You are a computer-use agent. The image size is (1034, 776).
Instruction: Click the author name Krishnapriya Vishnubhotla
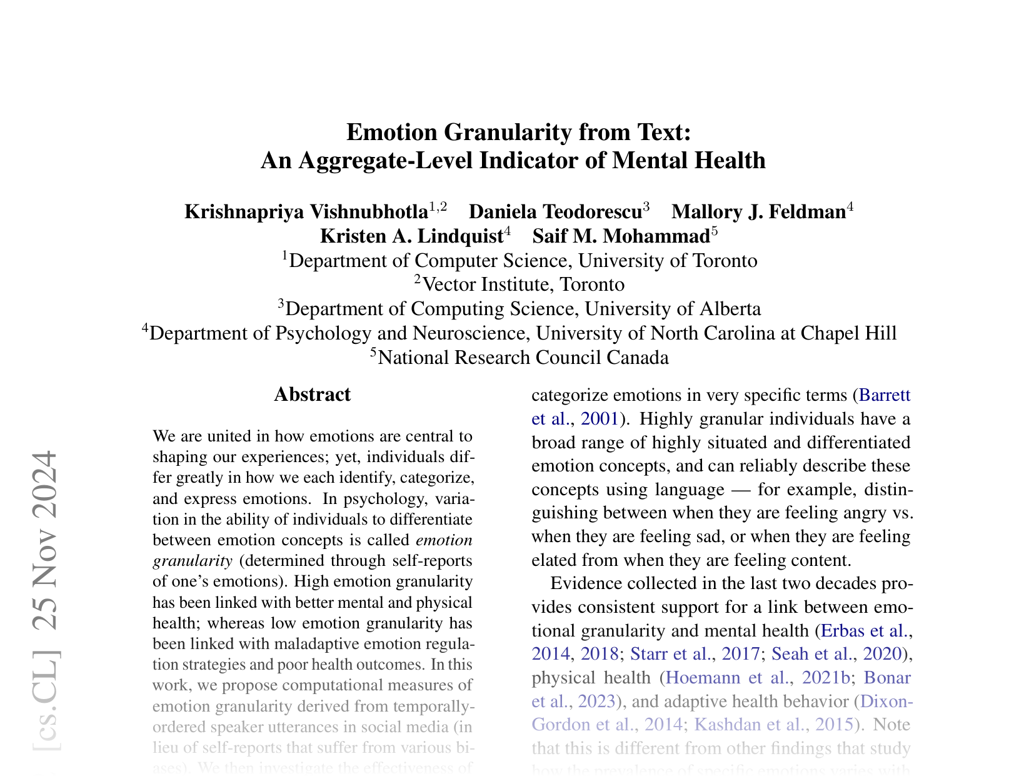(x=306, y=211)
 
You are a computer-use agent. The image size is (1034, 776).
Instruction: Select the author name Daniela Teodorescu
(x=555, y=211)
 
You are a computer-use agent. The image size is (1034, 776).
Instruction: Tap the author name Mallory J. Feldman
(x=758, y=211)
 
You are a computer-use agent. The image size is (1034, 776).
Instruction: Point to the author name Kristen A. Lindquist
(x=411, y=236)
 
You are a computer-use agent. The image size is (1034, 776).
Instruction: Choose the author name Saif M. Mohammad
(x=621, y=236)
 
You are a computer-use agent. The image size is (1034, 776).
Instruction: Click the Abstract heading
(x=312, y=395)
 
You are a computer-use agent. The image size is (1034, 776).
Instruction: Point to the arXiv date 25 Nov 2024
(x=46, y=547)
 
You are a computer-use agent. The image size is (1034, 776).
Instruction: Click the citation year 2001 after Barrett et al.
(x=600, y=418)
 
